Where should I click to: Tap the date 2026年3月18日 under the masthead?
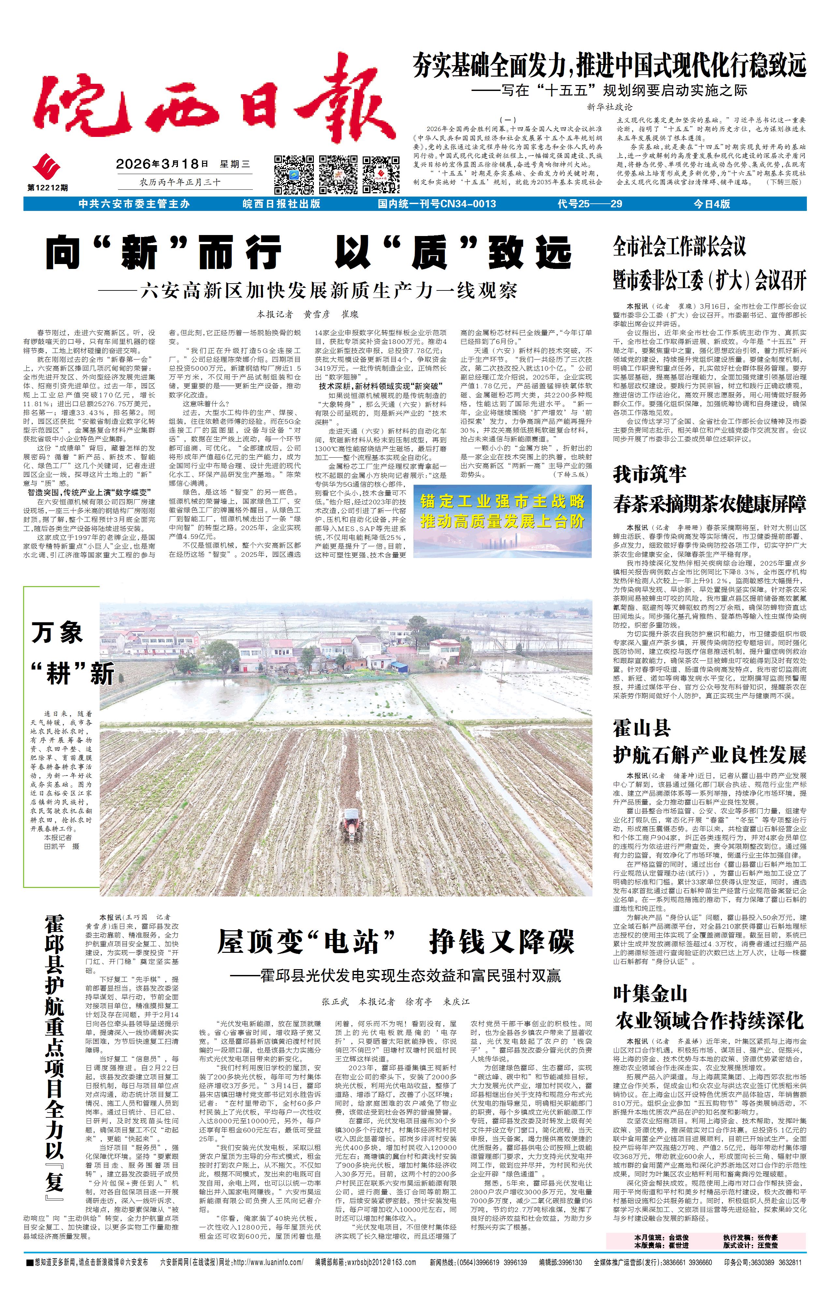point(162,164)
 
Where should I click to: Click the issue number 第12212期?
point(48,187)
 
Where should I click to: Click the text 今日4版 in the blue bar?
point(711,204)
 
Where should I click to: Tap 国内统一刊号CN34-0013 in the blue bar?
point(437,204)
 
